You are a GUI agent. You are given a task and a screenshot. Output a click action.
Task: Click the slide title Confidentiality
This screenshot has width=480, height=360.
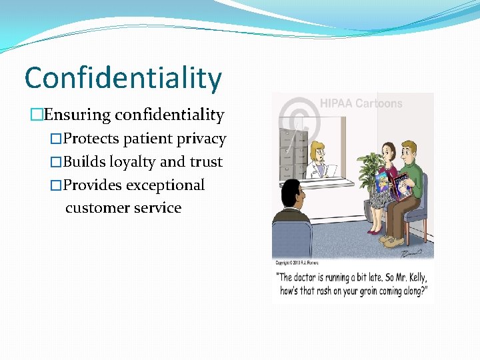point(123,79)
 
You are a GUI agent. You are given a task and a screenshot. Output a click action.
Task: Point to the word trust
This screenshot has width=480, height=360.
point(205,162)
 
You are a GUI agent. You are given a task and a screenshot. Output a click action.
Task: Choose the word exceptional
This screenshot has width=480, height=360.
point(165,185)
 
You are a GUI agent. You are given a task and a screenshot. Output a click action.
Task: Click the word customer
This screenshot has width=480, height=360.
point(92,208)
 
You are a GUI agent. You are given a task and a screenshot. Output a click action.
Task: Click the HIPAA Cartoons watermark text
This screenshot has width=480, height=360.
point(361,103)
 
